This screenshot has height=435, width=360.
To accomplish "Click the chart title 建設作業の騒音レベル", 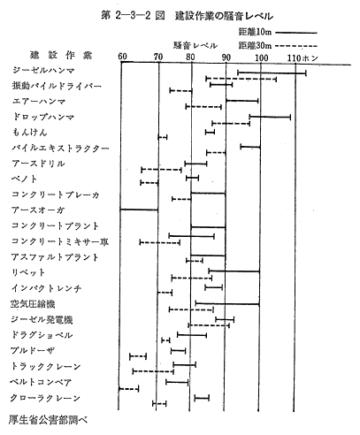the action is (x=224, y=16).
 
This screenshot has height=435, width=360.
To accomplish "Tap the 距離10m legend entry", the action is (x=278, y=32).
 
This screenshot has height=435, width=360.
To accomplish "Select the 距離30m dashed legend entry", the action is (x=278, y=46).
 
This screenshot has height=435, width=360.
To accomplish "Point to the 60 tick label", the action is (x=122, y=57).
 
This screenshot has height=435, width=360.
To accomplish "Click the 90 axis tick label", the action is (x=226, y=57).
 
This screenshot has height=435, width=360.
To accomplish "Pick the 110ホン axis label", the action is (x=303, y=57).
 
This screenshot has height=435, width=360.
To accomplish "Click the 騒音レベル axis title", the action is (x=195, y=45).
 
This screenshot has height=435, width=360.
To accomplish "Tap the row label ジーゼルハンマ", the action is (x=43, y=70).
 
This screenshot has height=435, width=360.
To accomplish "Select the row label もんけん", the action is (x=29, y=133).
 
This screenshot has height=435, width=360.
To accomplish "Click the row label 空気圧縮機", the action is (x=33, y=303).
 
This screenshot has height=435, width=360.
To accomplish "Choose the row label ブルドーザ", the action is (x=33, y=350).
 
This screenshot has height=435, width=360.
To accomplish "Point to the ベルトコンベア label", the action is (x=41, y=382).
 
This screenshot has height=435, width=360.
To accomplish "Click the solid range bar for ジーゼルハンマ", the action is (x=272, y=72).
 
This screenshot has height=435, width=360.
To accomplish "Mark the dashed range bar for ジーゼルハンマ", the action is (x=241, y=79).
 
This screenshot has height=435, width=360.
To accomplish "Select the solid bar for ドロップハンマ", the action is (x=270, y=117).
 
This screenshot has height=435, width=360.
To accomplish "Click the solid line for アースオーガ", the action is (x=139, y=210).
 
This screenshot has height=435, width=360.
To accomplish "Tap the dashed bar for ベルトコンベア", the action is (x=128, y=389).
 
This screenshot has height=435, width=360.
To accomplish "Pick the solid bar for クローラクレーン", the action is (x=202, y=398).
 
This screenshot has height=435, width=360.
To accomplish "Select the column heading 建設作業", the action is (x=61, y=55).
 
